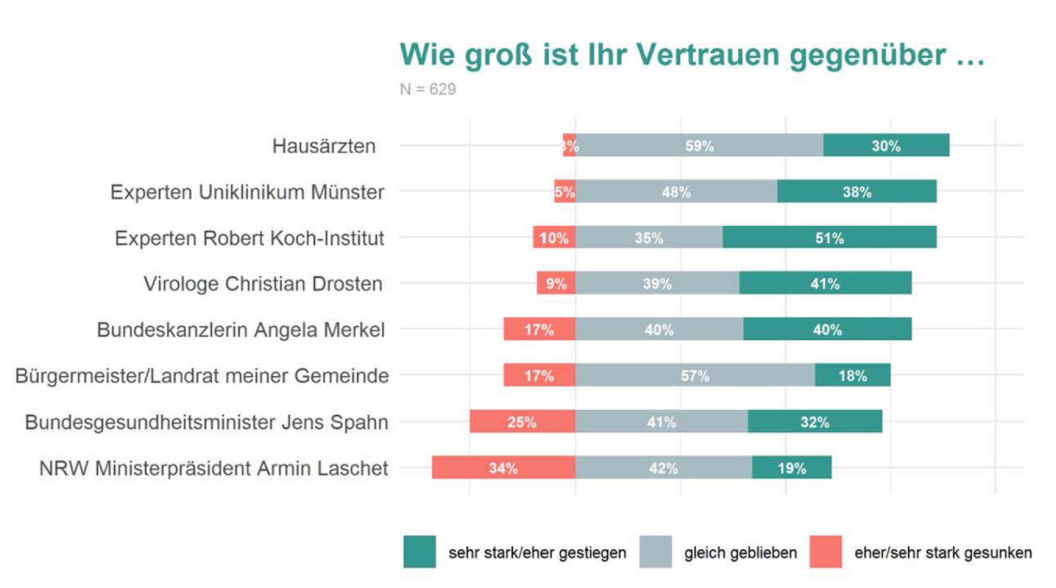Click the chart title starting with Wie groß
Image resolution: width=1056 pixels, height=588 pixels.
coord(691,55)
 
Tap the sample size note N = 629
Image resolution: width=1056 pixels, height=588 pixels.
coord(428,89)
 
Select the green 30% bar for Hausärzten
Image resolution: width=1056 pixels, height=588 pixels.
coord(886,145)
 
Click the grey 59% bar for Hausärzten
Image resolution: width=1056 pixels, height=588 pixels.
coord(700,145)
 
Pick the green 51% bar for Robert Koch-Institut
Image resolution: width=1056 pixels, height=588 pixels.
coord(829,238)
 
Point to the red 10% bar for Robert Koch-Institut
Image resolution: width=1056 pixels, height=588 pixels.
coord(554,238)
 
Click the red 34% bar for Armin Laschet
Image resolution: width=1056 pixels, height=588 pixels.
coord(503,468)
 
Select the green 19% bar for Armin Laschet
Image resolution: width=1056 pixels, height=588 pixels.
coord(791,468)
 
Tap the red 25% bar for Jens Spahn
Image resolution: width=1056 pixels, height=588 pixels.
coord(522,422)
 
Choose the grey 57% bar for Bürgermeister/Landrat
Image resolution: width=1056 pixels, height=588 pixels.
coord(695,376)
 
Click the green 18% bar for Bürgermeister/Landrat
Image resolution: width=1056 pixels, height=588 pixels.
coord(852,376)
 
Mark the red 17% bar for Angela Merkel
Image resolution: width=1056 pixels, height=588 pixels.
coord(539,329)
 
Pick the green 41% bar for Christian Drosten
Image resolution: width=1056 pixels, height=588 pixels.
coord(825,283)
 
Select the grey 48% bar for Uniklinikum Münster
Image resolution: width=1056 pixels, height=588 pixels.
coord(676,191)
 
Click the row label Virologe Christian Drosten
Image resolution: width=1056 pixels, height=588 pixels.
coord(263,284)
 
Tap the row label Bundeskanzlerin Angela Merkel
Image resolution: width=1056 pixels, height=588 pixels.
coord(241,330)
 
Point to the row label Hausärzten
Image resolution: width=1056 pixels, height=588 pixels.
coord(323,146)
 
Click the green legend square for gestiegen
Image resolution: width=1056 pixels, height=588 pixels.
coord(420,552)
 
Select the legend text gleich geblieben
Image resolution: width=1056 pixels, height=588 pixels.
coord(740,553)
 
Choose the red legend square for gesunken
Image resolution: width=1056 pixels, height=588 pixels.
coord(826,552)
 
